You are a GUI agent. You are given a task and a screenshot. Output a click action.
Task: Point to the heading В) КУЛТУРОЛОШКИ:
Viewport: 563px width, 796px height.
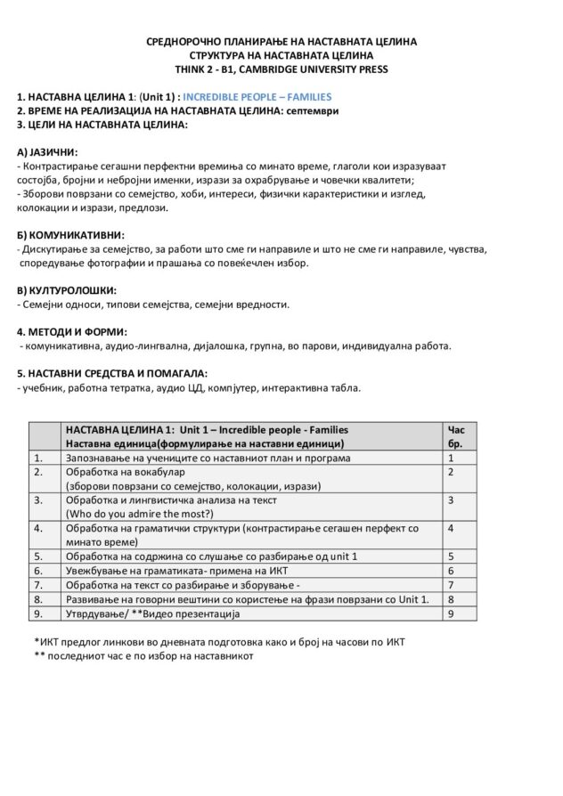pos(67,290)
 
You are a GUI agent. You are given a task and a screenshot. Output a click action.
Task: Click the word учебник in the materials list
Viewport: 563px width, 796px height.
pos(41,387)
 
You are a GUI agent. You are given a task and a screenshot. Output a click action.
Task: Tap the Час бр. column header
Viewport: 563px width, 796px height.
pos(454,436)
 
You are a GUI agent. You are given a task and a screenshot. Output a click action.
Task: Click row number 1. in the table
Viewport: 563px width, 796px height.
pos(39,458)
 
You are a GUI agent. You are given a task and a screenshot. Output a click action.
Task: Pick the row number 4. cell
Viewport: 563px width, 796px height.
pos(39,528)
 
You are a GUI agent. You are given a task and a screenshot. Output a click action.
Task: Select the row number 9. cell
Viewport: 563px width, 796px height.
pos(39,613)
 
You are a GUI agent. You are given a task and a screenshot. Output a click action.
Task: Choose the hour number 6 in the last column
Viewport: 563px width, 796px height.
pos(452,571)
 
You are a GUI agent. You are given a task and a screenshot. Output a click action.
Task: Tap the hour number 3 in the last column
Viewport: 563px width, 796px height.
pos(452,500)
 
